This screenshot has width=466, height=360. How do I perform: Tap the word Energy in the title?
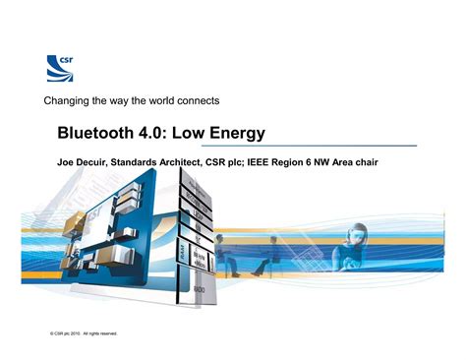tap(240, 132)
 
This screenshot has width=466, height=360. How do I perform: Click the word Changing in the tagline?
tap(67, 101)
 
